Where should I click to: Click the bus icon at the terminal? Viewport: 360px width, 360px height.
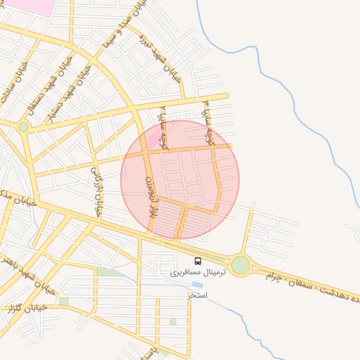(197, 261)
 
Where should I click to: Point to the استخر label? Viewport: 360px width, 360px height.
(198, 295)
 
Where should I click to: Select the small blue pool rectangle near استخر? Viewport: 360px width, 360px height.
(198, 285)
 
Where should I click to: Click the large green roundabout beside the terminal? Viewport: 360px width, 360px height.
(240, 264)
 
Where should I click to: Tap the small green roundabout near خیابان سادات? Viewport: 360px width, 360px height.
(23, 127)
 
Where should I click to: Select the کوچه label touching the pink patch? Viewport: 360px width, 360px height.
(163, 129)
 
